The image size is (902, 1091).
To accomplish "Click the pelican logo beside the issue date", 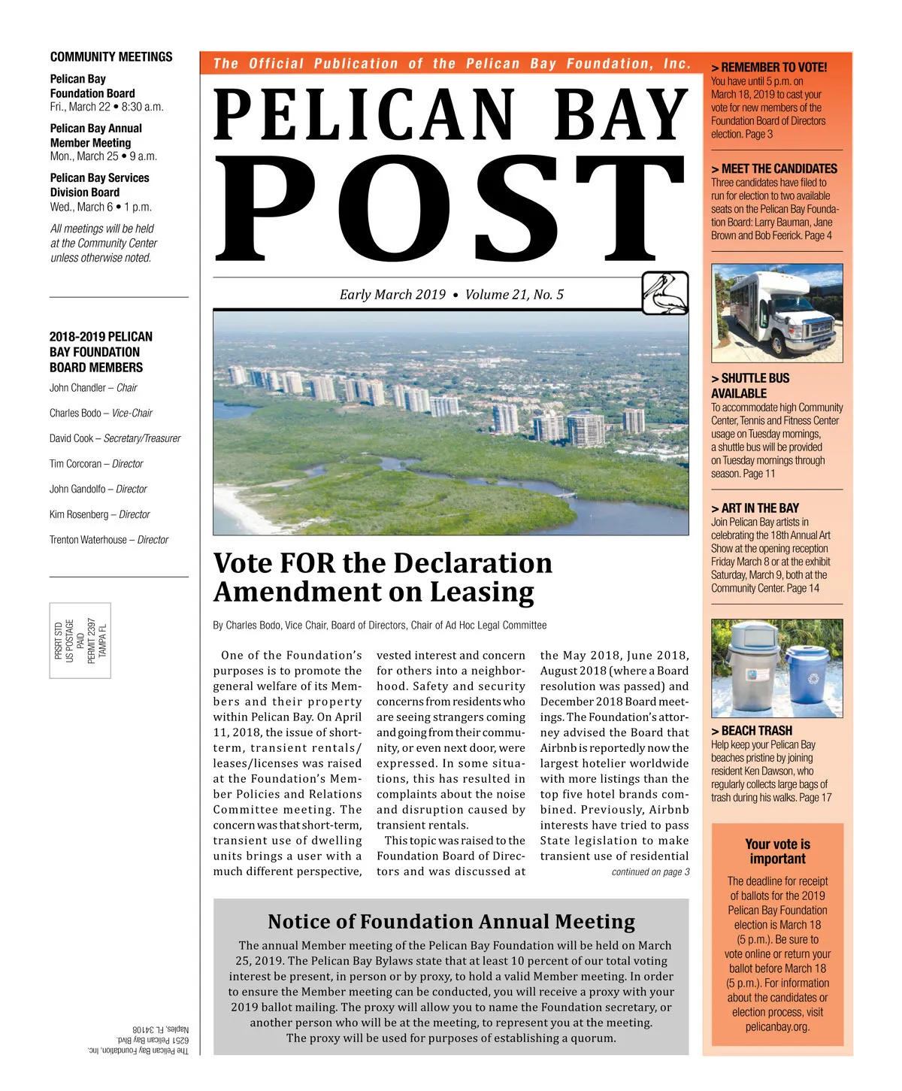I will click(665, 292).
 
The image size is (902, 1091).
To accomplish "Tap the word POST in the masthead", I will click(449, 207).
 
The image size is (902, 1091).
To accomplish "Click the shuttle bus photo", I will click(776, 313).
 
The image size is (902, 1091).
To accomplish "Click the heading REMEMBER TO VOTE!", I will click(769, 67).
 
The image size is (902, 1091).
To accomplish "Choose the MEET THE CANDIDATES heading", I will click(774, 169).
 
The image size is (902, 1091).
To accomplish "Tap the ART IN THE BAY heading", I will click(755, 508).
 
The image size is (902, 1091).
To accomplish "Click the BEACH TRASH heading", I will click(752, 731).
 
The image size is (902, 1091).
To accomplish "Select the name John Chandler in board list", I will click(77, 388).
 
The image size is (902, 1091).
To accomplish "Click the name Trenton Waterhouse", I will click(88, 540).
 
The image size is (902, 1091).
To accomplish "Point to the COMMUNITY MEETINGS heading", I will click(111, 57).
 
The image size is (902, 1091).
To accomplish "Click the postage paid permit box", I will click(80, 641).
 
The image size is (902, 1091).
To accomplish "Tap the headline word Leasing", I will click(481, 592).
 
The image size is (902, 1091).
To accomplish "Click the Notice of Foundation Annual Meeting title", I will click(451, 922).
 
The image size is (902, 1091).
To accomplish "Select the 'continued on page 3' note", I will click(650, 872).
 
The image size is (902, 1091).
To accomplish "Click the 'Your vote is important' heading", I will click(777, 851).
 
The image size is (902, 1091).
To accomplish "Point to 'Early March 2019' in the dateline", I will click(392, 295).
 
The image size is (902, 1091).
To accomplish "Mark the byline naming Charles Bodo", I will click(380, 626).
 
